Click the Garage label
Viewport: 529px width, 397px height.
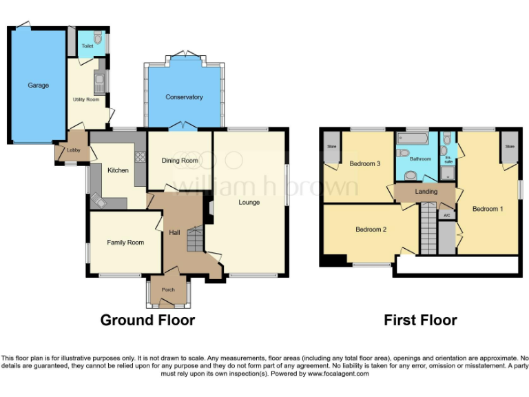38,85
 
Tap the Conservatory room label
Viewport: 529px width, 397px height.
184,97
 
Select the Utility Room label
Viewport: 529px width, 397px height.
86,99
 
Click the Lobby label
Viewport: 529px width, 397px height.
73,150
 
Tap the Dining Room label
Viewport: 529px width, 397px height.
180,161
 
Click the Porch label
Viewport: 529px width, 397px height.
168,290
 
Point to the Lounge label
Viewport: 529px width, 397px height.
249,203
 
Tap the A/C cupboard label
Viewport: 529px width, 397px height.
446,216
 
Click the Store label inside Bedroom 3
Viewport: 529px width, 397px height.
331,146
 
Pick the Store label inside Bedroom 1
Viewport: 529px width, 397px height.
510,146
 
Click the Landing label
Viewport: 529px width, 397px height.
424,192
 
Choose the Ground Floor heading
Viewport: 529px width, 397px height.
147,320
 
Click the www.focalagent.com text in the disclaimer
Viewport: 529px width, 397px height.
338,374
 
